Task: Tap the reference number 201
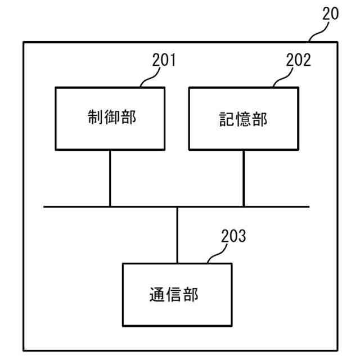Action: pos(164,60)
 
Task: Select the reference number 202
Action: pos(298,60)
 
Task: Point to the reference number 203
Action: pos(233,236)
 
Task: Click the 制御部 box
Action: pos(110,118)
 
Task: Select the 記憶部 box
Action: pos(244,118)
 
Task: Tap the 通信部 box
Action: pos(177,295)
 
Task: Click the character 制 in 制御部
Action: pos(94,118)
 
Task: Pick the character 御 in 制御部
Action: pos(111,118)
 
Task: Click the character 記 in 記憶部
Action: pos(227,119)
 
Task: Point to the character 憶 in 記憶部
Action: pos(244,119)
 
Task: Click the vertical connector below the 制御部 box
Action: pos(110,178)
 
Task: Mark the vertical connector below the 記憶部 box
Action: pos(244,178)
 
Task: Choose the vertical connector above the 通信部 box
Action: pos(177,235)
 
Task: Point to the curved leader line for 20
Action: pos(318,33)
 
